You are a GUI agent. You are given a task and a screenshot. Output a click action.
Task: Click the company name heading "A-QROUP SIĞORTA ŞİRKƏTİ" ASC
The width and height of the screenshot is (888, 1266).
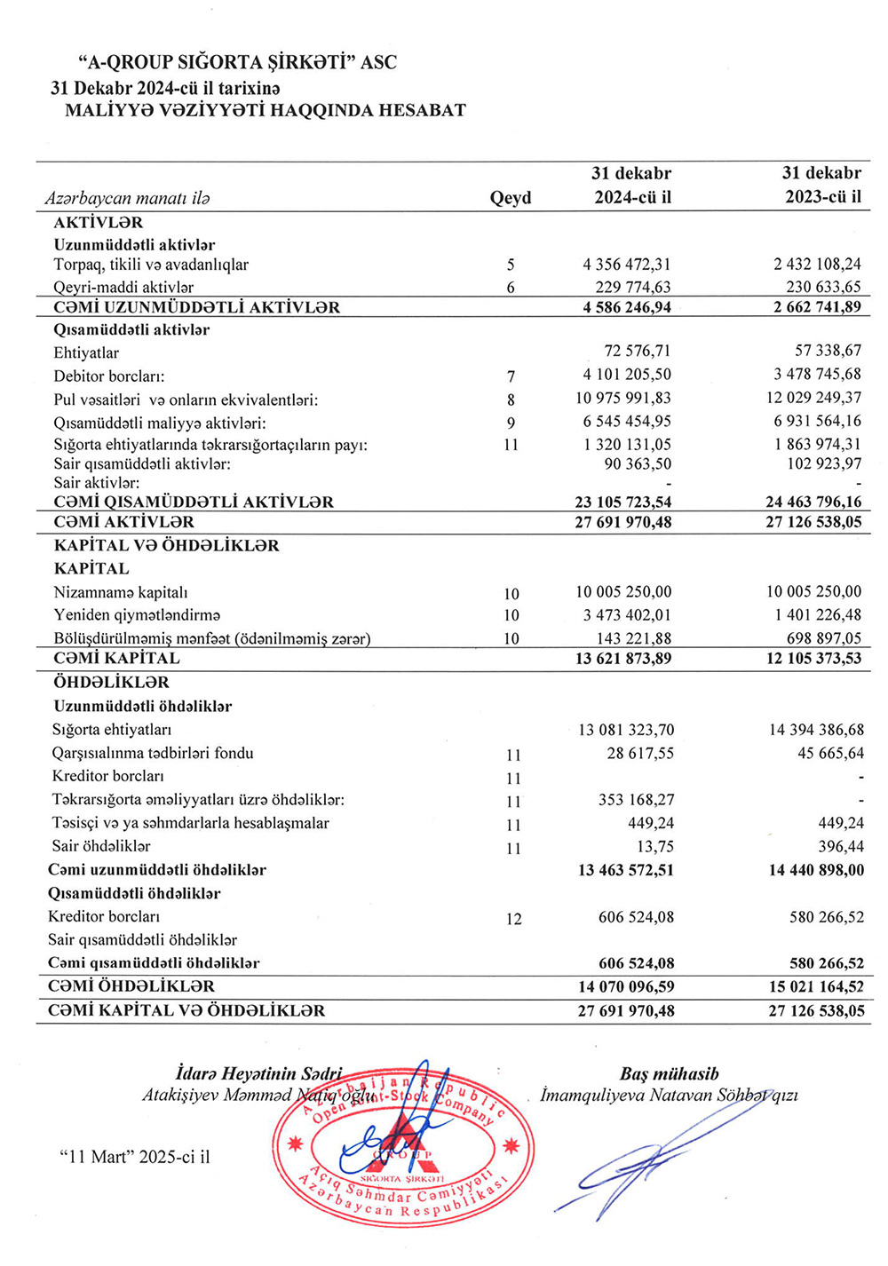click(237, 63)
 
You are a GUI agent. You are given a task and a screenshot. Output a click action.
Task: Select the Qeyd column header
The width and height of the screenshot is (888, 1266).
click(511, 198)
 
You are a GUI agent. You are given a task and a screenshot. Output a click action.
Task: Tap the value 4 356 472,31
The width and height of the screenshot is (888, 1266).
click(627, 265)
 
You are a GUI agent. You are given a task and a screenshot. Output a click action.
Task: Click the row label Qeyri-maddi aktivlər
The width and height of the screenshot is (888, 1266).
click(123, 287)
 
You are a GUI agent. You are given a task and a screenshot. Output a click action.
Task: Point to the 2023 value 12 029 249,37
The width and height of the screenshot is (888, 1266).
click(813, 398)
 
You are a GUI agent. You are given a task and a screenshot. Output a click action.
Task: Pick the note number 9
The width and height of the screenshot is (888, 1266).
click(511, 423)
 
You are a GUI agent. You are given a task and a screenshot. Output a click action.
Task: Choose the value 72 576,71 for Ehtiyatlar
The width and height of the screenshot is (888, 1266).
click(638, 351)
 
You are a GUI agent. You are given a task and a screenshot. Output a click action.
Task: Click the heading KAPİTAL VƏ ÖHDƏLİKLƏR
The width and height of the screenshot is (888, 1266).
click(167, 545)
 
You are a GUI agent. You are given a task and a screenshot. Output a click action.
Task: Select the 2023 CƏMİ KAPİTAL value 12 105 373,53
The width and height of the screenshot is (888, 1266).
click(813, 658)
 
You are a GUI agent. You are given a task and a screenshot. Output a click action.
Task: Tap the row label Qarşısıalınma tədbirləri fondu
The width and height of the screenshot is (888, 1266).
click(153, 753)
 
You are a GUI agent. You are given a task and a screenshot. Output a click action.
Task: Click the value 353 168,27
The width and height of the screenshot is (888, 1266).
click(636, 800)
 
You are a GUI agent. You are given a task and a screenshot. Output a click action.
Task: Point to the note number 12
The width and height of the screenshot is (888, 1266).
click(513, 919)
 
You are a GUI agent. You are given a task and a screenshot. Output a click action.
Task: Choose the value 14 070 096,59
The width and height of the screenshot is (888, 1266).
click(626, 986)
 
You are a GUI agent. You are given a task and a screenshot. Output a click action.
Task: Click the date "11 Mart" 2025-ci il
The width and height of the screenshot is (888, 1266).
click(134, 1157)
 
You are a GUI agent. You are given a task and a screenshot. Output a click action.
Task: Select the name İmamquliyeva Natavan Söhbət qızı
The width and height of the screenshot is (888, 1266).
click(669, 1096)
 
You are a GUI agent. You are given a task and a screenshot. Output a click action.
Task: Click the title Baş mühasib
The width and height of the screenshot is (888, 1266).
click(669, 1074)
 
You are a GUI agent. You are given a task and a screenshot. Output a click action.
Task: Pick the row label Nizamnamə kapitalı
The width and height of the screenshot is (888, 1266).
click(121, 592)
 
